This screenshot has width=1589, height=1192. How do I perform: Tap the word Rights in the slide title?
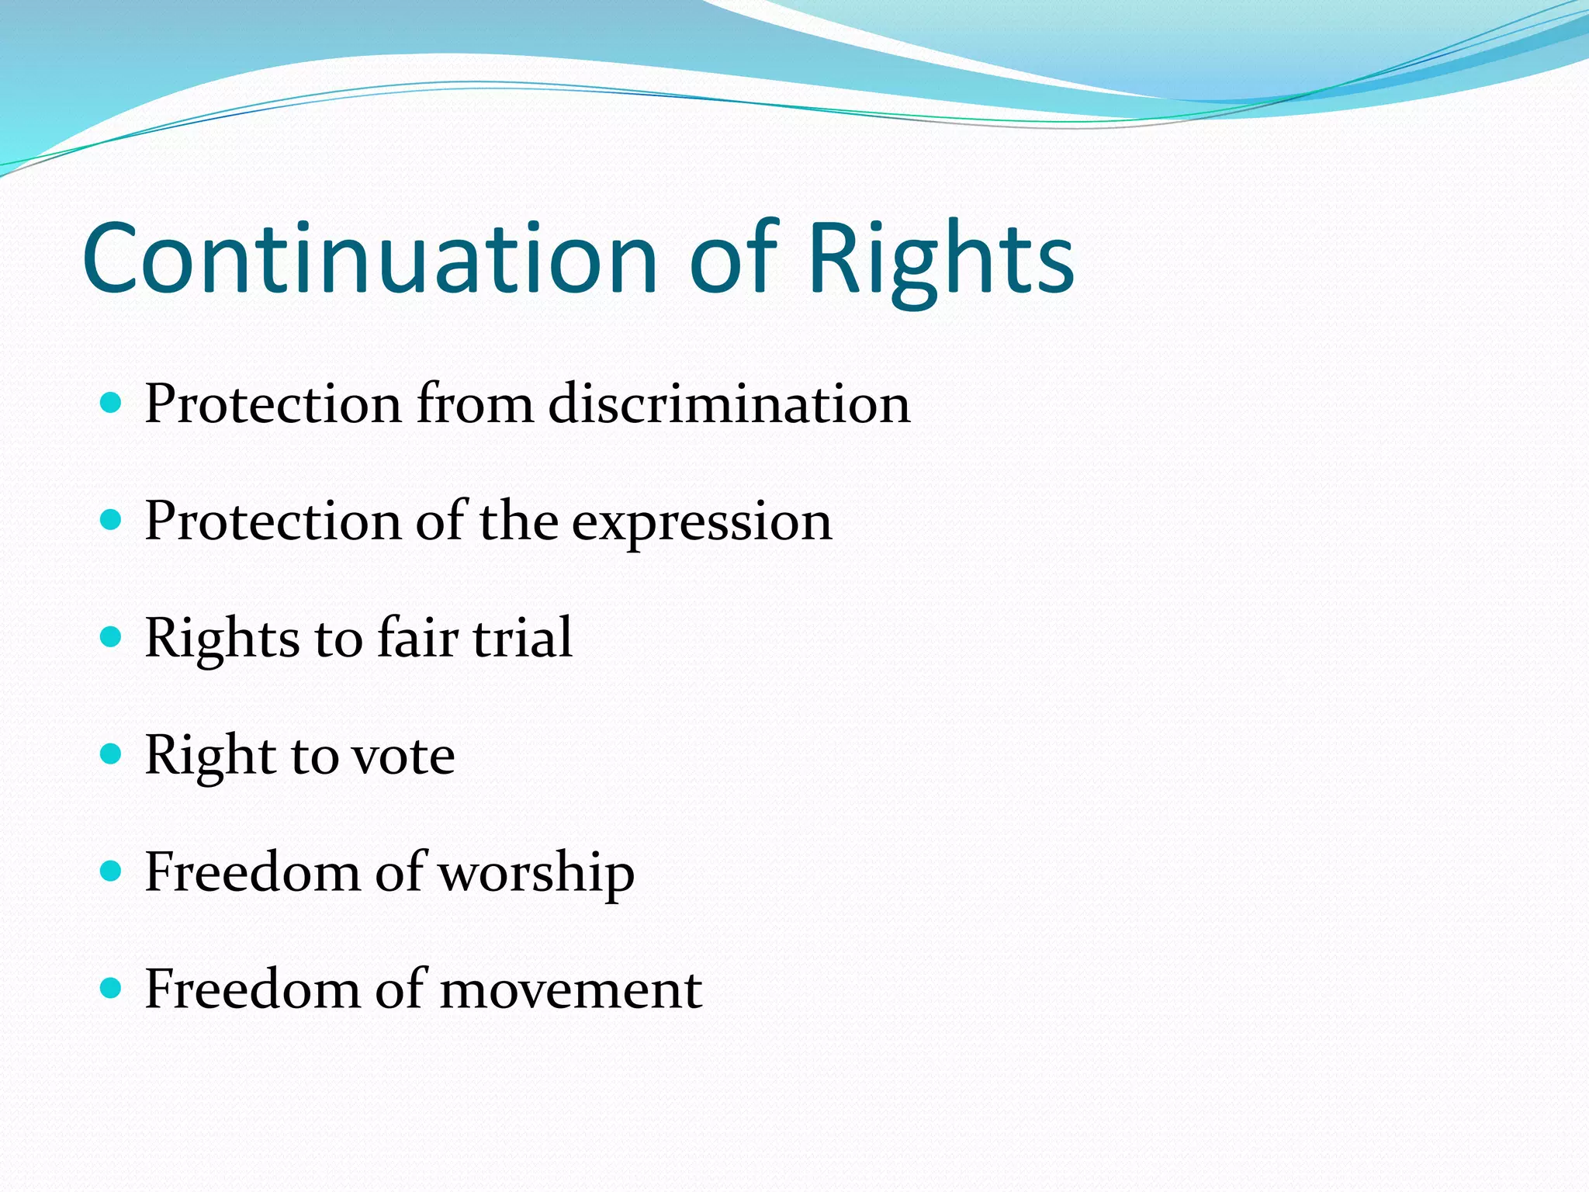pyautogui.click(x=940, y=260)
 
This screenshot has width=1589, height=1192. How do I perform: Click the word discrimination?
pyautogui.click(x=729, y=404)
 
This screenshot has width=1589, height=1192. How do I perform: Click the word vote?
pyautogui.click(x=403, y=756)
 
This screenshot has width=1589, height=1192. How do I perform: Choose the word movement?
pyautogui.click(x=570, y=990)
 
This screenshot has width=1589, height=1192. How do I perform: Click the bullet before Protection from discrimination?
pyautogui.click(x=112, y=402)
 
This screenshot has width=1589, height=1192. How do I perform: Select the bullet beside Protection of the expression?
pyautogui.click(x=112, y=519)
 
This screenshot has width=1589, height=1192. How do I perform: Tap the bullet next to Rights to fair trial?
pyautogui.click(x=112, y=637)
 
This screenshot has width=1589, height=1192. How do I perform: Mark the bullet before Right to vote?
pyautogui.click(x=112, y=754)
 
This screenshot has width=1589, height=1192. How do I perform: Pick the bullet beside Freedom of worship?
pyautogui.click(x=112, y=871)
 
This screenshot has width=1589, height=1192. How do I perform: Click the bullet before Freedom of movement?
pyautogui.click(x=112, y=989)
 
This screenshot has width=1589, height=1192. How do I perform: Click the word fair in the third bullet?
pyautogui.click(x=417, y=638)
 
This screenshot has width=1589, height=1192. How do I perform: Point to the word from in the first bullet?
pyautogui.click(x=475, y=404)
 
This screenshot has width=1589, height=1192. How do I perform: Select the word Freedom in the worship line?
pyautogui.click(x=253, y=872)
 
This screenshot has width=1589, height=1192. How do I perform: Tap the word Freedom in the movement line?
pyautogui.click(x=253, y=989)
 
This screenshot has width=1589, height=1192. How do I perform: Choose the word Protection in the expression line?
pyautogui.click(x=273, y=521)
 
